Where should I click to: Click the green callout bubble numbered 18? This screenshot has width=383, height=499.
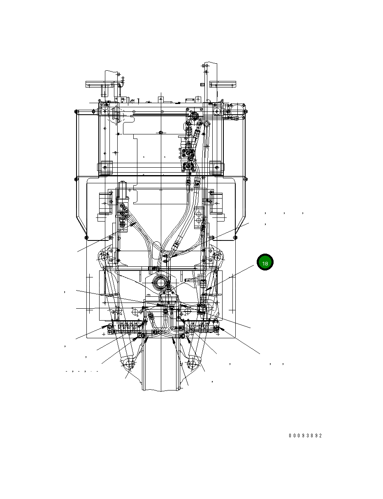pos(265,262)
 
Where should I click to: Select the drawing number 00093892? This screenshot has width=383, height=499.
pos(305,436)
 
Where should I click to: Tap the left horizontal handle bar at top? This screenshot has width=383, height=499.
pos(100,84)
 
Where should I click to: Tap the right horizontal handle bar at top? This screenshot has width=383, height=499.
pos(223,84)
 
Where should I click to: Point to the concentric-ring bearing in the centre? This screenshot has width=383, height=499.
pos(160,284)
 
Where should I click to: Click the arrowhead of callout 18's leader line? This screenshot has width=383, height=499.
pos(207,289)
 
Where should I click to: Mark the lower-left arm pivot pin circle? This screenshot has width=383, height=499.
pos(130,363)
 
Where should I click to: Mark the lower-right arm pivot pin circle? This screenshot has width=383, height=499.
pos(191,363)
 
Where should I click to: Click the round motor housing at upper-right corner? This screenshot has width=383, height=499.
pos(237,111)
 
